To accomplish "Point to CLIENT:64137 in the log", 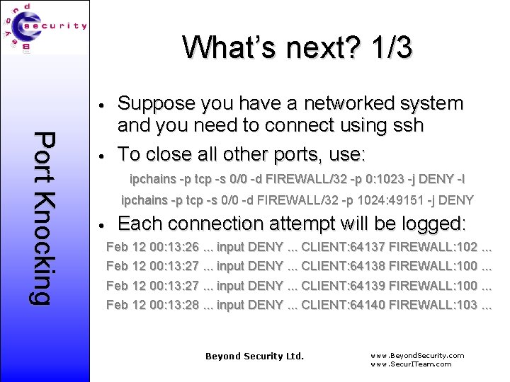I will tap(344, 248).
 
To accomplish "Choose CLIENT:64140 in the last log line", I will tap(344, 305).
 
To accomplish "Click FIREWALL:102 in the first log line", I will tap(433, 248).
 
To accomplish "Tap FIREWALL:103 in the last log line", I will tap(433, 305).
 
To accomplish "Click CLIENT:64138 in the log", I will tap(344, 267).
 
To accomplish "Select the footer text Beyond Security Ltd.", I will tap(254, 356).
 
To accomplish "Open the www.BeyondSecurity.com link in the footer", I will tap(417, 355).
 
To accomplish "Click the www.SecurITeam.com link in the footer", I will tap(411, 364).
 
